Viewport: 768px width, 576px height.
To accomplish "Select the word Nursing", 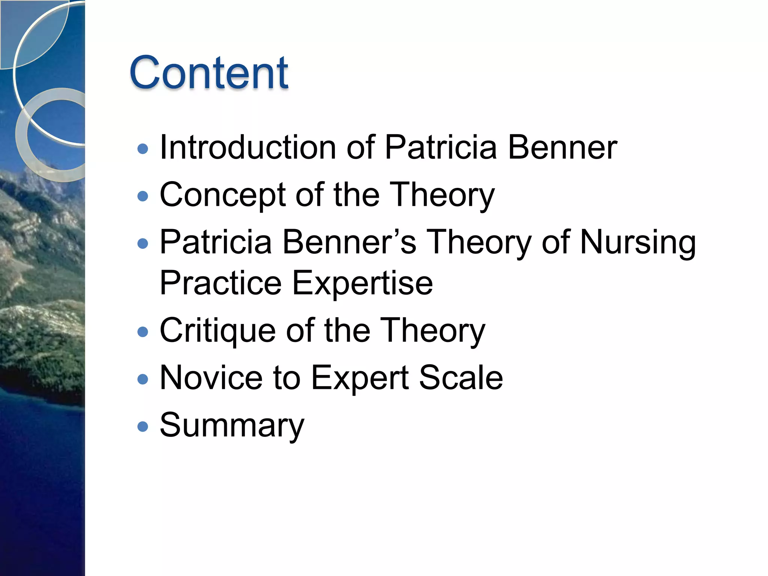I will (638, 243).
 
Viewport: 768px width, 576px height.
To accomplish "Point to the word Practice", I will (220, 283).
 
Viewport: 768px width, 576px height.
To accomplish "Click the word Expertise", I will (362, 283).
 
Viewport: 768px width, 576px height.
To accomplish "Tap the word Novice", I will (211, 378).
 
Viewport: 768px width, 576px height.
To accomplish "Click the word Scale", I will (461, 378).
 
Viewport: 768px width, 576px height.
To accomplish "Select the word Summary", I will (232, 426).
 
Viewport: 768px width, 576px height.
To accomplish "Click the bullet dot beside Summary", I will (143, 427).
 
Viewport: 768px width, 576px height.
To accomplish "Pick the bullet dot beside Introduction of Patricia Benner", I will (143, 149).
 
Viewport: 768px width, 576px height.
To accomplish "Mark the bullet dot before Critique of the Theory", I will (143, 332).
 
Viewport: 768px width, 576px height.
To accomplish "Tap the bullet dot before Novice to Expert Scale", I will (143, 379).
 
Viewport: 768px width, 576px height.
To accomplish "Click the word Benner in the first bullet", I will (562, 147).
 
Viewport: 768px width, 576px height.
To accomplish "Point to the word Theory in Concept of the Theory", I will (442, 195).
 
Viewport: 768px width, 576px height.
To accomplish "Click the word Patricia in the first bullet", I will (441, 147).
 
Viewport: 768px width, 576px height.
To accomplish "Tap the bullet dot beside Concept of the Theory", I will (143, 196).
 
